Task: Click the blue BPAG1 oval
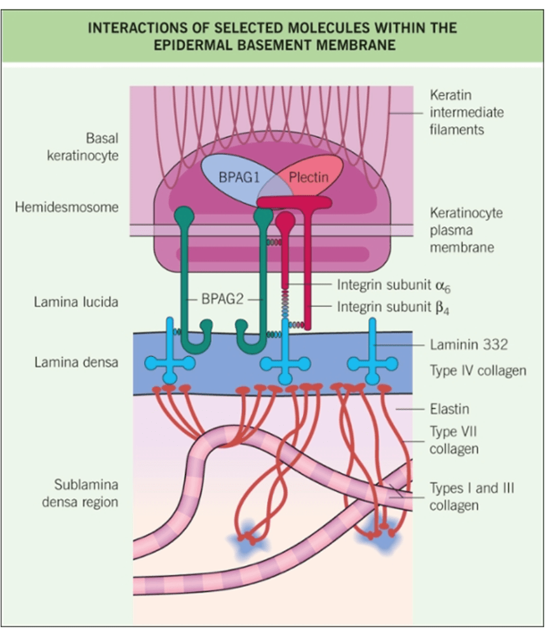point(239,178)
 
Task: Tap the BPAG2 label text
point(222,299)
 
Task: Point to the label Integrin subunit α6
point(393,285)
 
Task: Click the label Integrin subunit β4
point(393,307)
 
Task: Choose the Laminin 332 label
point(469,345)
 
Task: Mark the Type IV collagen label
point(478,371)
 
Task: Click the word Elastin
point(450,409)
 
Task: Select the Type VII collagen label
point(454,440)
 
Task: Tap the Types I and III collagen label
point(472,497)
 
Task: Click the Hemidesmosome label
point(67,208)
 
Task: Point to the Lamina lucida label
point(76,302)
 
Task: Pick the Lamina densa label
point(76,362)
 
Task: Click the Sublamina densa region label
point(80,493)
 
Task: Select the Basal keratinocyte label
point(83,147)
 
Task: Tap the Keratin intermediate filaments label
point(467,112)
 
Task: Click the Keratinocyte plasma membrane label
point(466,230)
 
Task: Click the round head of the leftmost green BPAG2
point(184,215)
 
